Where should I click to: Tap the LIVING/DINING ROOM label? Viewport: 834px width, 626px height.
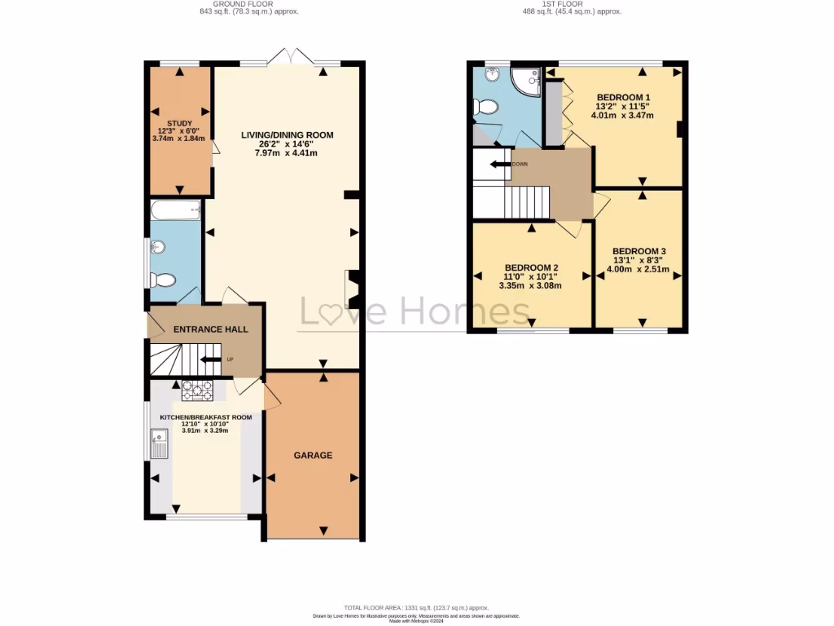coord(288,135)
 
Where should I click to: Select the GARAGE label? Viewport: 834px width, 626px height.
coord(313,456)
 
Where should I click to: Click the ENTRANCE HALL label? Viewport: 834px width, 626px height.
coord(210,329)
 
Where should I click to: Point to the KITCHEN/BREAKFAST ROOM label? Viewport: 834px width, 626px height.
coord(205,417)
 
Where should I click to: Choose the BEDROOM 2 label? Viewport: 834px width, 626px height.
coord(531,267)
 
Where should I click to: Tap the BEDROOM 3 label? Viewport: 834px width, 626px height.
coord(639,251)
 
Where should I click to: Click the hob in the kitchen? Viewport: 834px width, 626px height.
coord(197,391)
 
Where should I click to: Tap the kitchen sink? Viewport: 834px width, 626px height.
coord(158,445)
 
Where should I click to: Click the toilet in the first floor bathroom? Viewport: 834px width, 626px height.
coord(486,107)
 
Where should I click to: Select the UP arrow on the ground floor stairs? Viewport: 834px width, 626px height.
coord(209,359)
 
